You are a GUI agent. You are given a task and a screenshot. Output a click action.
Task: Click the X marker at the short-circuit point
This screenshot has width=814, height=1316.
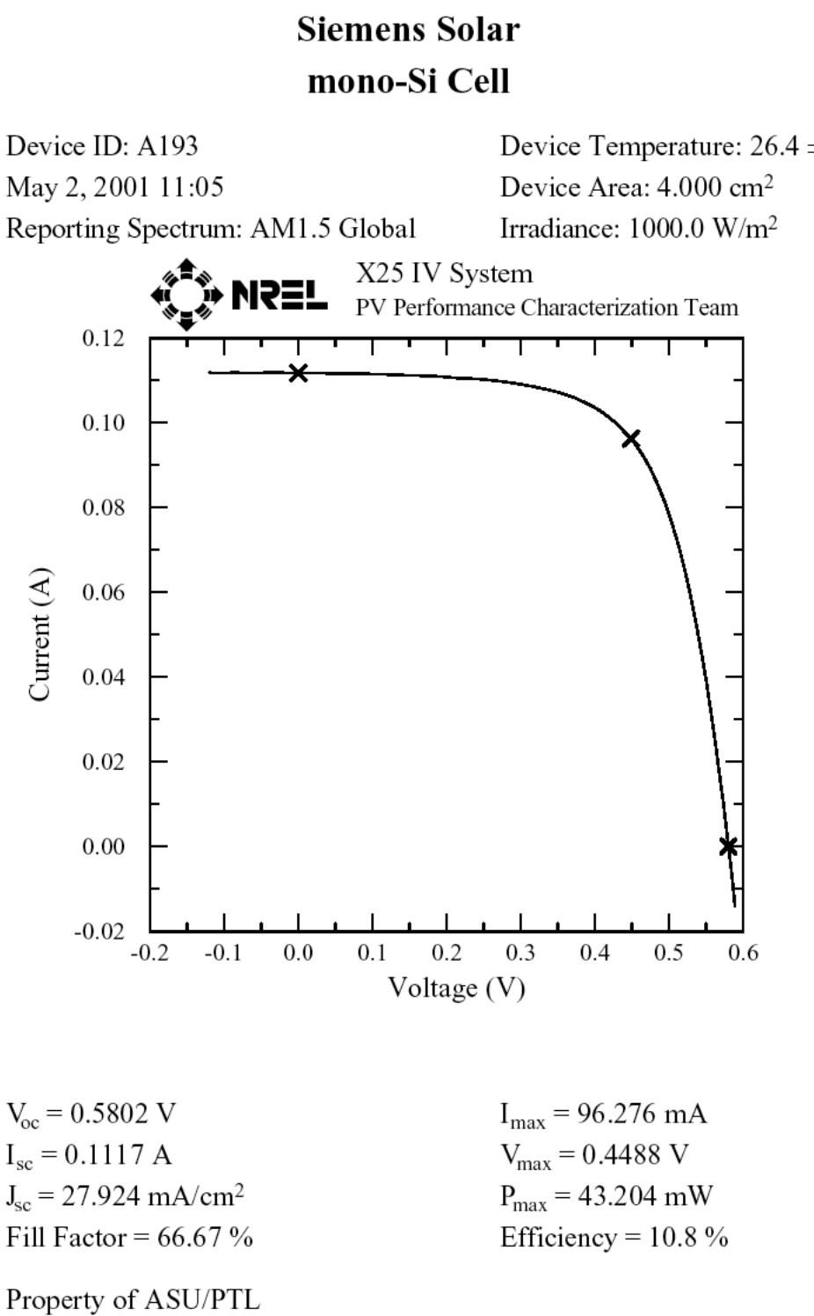click(298, 373)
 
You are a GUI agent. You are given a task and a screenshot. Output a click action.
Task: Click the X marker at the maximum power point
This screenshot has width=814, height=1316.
click(630, 438)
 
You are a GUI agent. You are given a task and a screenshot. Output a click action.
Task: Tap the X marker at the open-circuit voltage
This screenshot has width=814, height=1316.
click(728, 846)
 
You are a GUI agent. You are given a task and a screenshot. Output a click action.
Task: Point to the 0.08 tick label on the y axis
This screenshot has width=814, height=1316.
click(104, 508)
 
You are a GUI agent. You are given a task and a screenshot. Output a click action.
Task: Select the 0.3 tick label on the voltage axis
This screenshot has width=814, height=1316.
click(520, 954)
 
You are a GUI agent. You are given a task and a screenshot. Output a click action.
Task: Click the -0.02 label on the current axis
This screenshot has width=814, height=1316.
click(99, 932)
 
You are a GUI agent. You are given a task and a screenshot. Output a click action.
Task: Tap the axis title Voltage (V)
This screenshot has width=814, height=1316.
click(456, 988)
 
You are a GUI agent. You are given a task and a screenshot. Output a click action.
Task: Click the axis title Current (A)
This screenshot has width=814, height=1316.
click(40, 634)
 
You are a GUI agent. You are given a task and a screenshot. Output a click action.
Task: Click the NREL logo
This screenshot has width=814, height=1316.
click(239, 295)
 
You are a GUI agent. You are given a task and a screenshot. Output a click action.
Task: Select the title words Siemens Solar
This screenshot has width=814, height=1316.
click(408, 30)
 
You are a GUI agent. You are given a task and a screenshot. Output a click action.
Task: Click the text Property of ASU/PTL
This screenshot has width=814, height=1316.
click(133, 1299)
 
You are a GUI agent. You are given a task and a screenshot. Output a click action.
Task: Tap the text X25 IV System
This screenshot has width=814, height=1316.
click(444, 274)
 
